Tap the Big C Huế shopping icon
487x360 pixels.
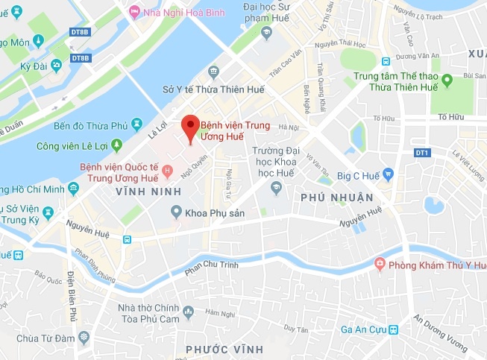[x=388, y=176]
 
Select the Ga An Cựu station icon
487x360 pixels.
[x=393, y=329]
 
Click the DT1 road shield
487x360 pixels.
[x=423, y=153]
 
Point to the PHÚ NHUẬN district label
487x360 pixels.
[x=336, y=197]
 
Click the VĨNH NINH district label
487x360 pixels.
[x=149, y=192]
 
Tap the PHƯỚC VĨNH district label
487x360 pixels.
[x=224, y=349]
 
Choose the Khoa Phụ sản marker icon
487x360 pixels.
[x=176, y=212]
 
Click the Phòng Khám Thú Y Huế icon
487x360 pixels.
[x=380, y=265]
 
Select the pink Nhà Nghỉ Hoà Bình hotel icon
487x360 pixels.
[x=134, y=11]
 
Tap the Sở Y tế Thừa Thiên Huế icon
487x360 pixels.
[x=214, y=72]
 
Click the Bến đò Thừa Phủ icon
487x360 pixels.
[x=136, y=123]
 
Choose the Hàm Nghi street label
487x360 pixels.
[x=219, y=312]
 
